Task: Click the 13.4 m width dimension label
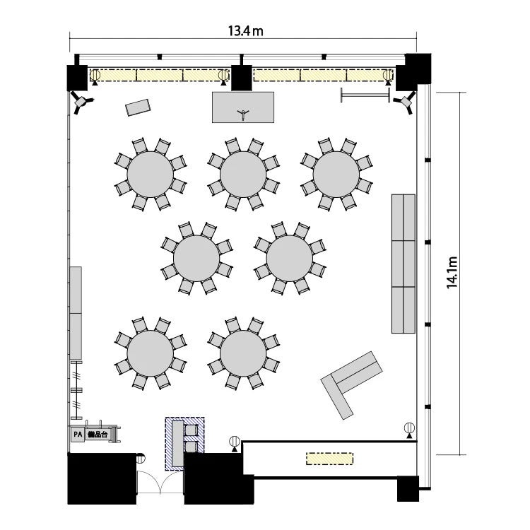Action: [245, 31]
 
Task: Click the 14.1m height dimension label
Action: [452, 273]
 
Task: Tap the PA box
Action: [78, 435]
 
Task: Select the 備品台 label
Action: [98, 435]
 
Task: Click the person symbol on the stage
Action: [242, 114]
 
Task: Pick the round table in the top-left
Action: [150, 174]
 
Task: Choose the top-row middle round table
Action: [243, 174]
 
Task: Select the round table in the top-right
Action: [336, 174]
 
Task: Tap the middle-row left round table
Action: [196, 258]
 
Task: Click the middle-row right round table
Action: [289, 258]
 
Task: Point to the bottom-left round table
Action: [150, 353]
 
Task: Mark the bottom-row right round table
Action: [243, 353]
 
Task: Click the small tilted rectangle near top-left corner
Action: [138, 107]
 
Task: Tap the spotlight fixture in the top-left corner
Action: [81, 102]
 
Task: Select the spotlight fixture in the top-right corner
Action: [405, 101]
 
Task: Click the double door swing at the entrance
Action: [160, 483]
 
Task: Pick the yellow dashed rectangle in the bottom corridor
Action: [329, 459]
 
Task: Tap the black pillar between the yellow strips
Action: [242, 78]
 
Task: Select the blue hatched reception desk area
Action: [184, 444]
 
